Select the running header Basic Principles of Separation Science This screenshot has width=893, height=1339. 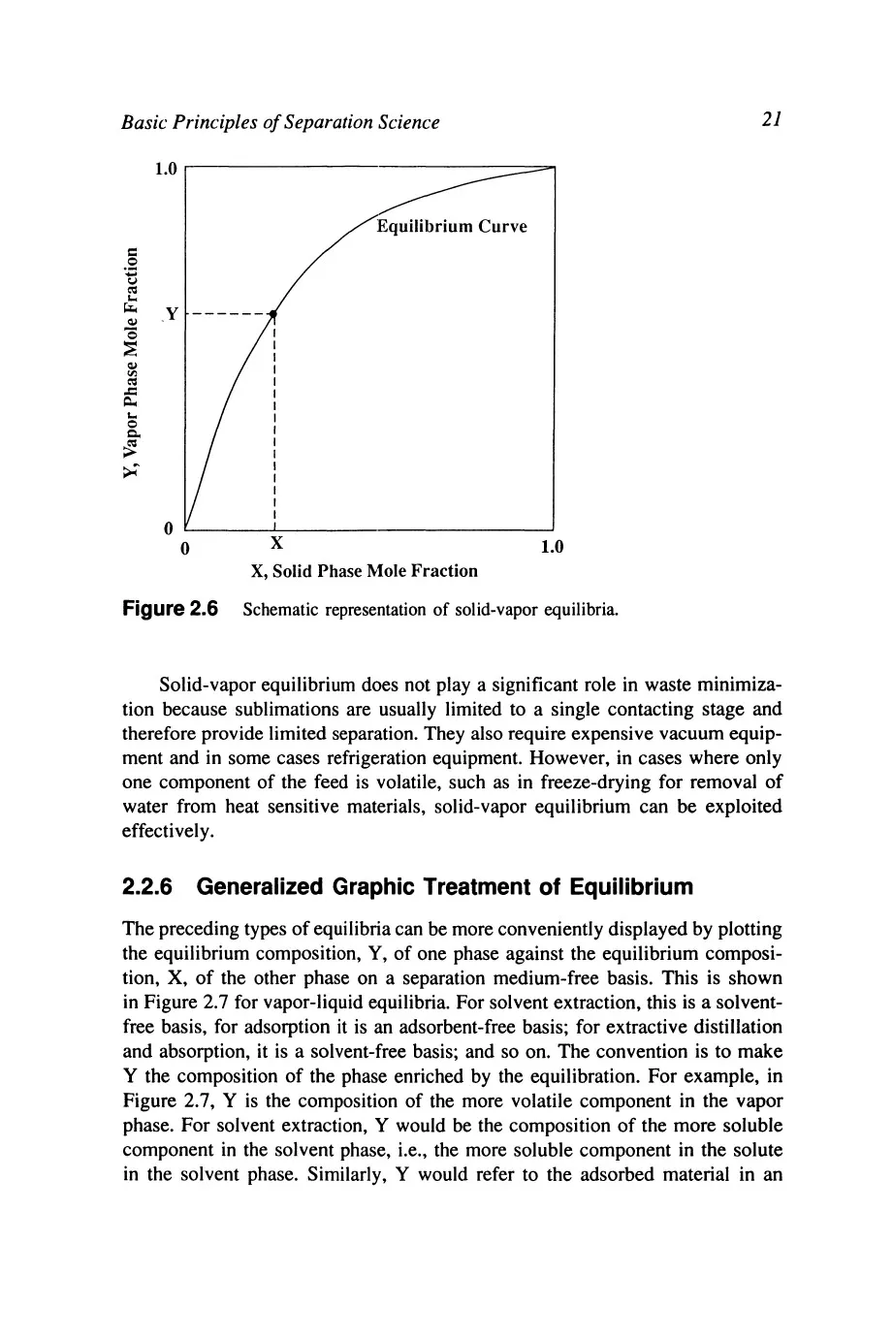(276, 122)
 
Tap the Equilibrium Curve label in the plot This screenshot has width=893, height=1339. (452, 227)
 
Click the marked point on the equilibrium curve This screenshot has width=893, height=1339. (273, 314)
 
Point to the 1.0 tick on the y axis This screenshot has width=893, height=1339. (166, 169)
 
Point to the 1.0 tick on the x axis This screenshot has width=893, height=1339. (550, 548)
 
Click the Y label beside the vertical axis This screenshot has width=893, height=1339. (172, 314)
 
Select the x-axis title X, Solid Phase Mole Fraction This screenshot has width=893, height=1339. (364, 571)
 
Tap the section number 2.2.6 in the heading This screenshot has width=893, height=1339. (151, 887)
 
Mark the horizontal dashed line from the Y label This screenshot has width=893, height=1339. (227, 314)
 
